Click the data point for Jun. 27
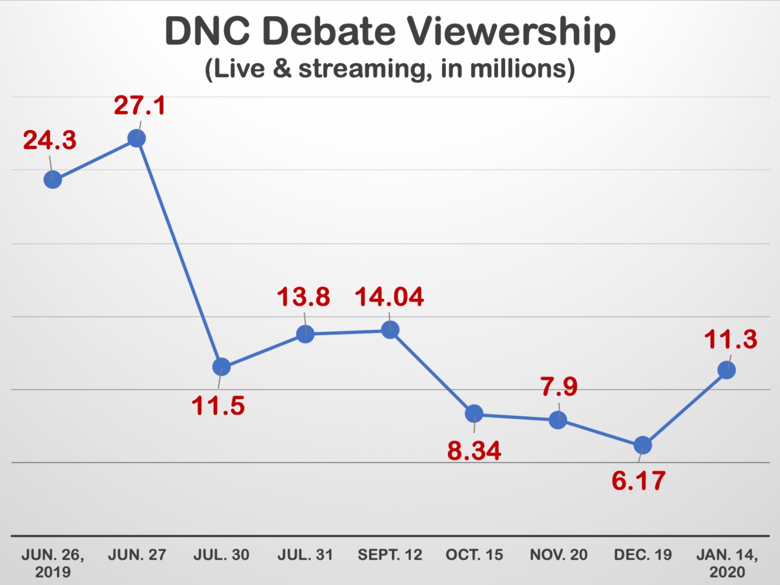tap(136, 139)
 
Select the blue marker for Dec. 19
tap(642, 445)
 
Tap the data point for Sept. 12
tap(390, 330)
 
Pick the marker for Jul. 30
tap(221, 367)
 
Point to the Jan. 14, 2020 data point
tap(727, 370)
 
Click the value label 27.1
tap(140, 105)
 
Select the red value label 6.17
tap(638, 481)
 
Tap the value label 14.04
tap(389, 297)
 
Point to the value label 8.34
tap(474, 451)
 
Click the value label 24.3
tap(50, 140)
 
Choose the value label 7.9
tap(559, 387)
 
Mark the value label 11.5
tap(218, 406)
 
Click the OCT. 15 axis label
tap(474, 555)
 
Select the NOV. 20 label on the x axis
tap(558, 555)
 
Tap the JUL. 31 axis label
tap(305, 555)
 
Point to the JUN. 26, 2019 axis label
tap(53, 563)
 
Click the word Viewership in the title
tap(511, 32)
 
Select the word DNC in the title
tap(207, 31)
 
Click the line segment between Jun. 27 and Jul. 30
tap(179, 253)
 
